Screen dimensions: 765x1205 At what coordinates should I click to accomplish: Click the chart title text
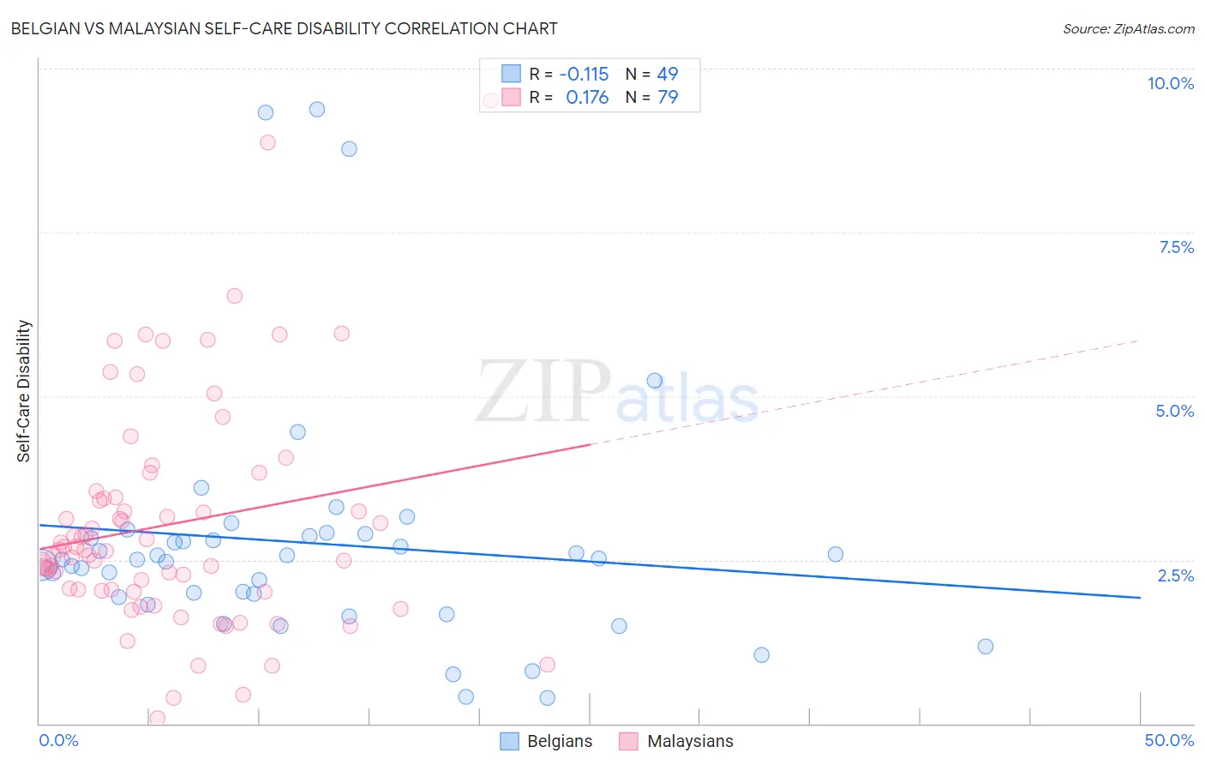[284, 28]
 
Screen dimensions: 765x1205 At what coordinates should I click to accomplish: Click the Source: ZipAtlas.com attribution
[1128, 28]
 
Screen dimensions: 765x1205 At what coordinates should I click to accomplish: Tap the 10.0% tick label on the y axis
[1170, 83]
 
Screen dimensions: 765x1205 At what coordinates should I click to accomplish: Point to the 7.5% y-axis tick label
[1176, 247]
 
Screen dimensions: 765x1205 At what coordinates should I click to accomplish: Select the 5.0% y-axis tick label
[1174, 411]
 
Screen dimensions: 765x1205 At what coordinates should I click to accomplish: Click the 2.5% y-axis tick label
[1175, 575]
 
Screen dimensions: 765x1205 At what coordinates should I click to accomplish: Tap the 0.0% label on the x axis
[58, 740]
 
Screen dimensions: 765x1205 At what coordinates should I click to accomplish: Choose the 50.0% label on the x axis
[1169, 740]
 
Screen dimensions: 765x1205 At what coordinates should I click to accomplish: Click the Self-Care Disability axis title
[24, 391]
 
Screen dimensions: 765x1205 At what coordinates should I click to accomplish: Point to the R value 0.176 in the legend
[587, 97]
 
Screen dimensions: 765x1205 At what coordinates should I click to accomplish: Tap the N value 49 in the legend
[668, 74]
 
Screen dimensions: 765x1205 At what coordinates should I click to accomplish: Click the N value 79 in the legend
[668, 97]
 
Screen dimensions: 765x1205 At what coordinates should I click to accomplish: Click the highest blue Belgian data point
[317, 109]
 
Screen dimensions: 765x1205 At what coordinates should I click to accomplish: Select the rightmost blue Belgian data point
[986, 647]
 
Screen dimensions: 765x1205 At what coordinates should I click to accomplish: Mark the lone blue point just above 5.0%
[655, 381]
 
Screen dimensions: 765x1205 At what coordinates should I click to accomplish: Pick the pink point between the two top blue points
[267, 142]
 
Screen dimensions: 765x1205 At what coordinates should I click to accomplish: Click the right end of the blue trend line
[1140, 597]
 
